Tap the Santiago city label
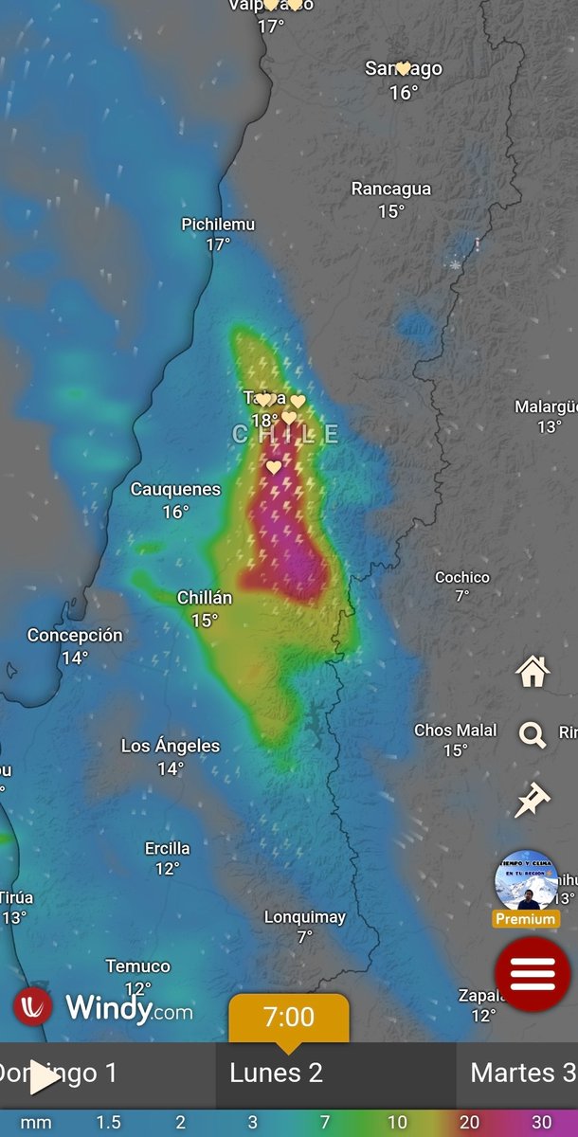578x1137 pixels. click(x=404, y=69)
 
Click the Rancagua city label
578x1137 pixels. click(x=390, y=189)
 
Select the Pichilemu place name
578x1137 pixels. click(x=218, y=225)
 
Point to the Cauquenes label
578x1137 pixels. click(x=175, y=490)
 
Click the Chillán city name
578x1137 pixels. click(x=205, y=598)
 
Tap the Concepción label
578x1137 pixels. click(x=75, y=636)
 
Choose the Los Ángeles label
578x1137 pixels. click(x=171, y=747)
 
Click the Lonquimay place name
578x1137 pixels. click(x=304, y=917)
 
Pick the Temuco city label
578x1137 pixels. click(x=138, y=966)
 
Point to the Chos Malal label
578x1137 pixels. click(x=455, y=731)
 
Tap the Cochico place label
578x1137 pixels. click(x=462, y=577)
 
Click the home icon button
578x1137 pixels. click(x=533, y=671)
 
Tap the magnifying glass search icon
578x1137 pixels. click(x=533, y=734)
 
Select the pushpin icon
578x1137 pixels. click(x=532, y=800)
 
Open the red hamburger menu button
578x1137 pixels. click(x=532, y=973)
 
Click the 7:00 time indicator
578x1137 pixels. click(x=288, y=1019)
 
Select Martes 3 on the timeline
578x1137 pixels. click(x=523, y=1074)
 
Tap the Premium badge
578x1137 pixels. click(x=526, y=919)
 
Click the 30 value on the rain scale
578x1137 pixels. click(x=541, y=1123)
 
